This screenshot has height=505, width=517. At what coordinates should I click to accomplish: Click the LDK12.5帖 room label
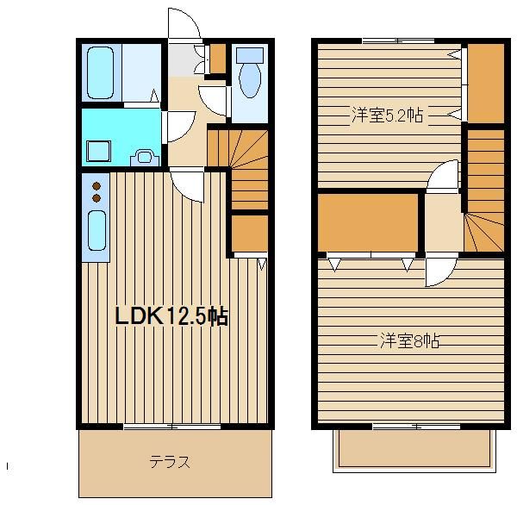[x=171, y=316]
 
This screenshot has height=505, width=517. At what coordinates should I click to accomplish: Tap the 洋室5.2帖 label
[x=388, y=115]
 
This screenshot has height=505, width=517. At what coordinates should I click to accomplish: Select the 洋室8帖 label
[x=410, y=340]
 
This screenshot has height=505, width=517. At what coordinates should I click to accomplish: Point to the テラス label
[x=170, y=462]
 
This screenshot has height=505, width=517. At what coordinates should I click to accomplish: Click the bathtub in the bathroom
[x=101, y=73]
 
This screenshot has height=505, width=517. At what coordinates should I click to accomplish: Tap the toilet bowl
[x=250, y=79]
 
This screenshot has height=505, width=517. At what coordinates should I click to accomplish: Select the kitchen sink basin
[x=97, y=231]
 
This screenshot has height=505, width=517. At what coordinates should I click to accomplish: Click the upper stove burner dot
[x=97, y=186]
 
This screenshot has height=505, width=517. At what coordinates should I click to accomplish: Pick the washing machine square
[x=98, y=151]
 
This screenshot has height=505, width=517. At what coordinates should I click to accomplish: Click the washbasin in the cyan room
[x=145, y=157]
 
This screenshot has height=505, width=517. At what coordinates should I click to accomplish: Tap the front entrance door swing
[x=184, y=23]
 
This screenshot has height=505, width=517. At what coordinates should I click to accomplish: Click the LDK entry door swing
[x=187, y=184]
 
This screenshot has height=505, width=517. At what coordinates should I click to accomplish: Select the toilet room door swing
[x=214, y=100]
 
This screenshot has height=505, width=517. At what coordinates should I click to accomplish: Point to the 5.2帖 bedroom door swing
[x=442, y=176]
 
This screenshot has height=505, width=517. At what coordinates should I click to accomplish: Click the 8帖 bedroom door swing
[x=441, y=270]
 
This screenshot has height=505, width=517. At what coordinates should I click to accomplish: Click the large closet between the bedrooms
[x=368, y=223]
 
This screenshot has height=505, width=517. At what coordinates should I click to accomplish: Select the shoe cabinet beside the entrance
[x=218, y=59]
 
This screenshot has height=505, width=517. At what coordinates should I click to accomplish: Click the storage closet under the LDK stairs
[x=250, y=234]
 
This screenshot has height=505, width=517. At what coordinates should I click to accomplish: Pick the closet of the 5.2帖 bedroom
[x=486, y=83]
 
